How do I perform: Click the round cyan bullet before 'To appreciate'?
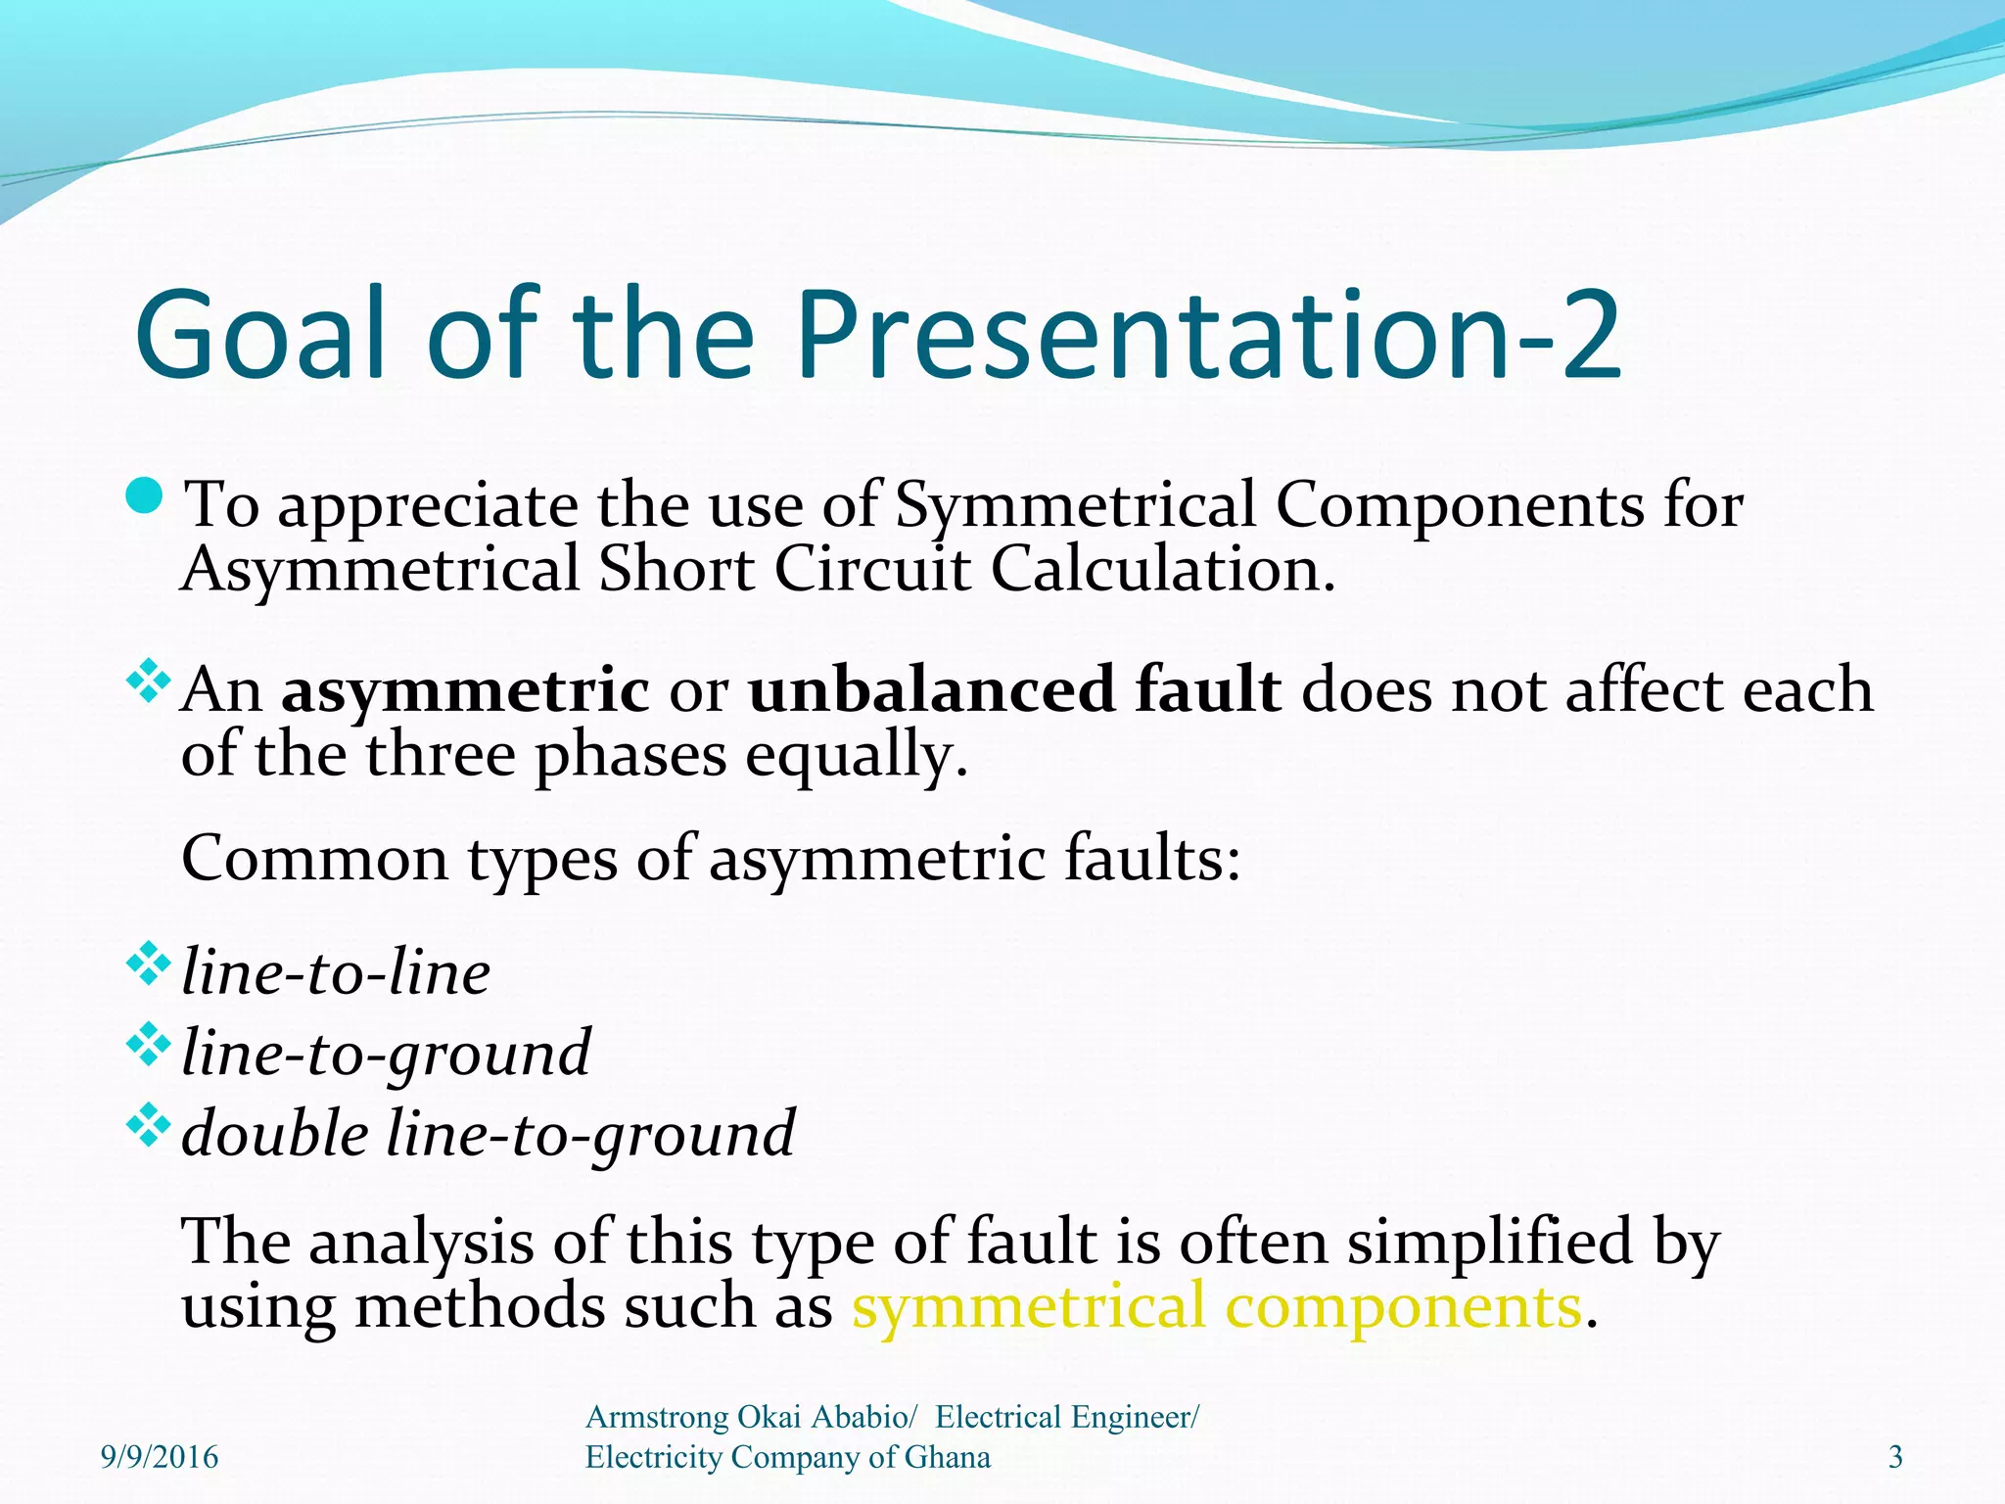[x=146, y=496]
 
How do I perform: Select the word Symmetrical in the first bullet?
[x=1075, y=506]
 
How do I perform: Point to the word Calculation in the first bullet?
[x=1162, y=569]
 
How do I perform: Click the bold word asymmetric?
[x=464, y=689]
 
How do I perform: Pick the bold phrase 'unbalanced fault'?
[x=1014, y=689]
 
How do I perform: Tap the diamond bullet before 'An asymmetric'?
[x=149, y=681]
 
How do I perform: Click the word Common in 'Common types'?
[x=314, y=859]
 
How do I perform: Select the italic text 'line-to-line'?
[x=336, y=972]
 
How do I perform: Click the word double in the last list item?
[x=275, y=1134]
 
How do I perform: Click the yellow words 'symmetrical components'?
[x=1217, y=1307]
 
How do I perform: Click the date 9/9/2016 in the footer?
[x=160, y=1457]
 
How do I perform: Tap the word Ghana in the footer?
[x=947, y=1457]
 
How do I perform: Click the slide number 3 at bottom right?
[x=1895, y=1457]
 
